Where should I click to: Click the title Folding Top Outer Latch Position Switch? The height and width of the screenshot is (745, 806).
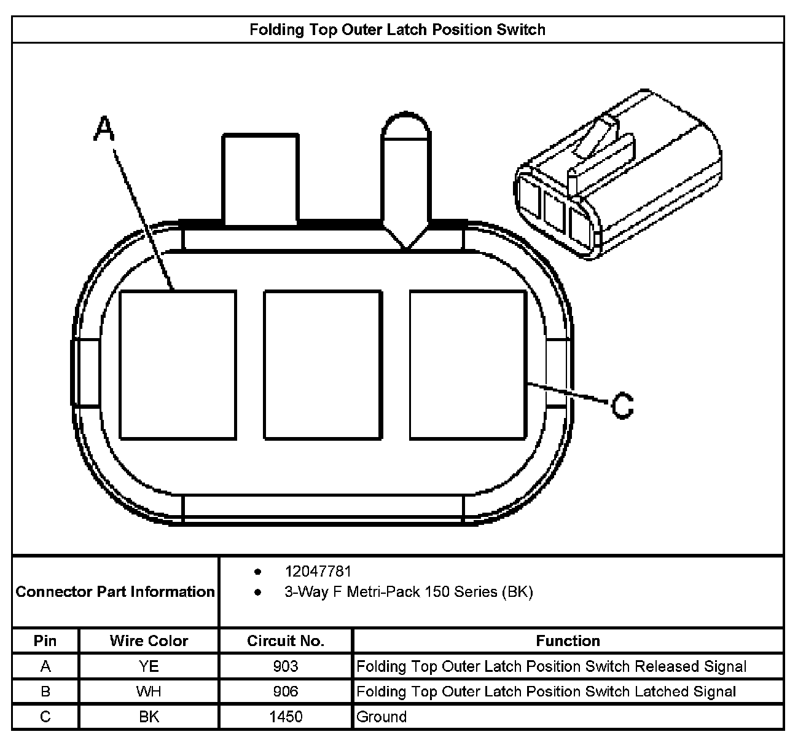pyautogui.click(x=397, y=30)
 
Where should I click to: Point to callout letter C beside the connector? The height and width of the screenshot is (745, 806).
pyautogui.click(x=622, y=406)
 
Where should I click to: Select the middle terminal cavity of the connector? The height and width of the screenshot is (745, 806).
pyautogui.click(x=323, y=365)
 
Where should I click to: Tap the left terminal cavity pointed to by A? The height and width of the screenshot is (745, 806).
pyautogui.click(x=178, y=365)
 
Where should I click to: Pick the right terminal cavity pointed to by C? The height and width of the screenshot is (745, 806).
pyautogui.click(x=468, y=365)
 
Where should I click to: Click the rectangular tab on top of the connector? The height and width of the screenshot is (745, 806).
pyautogui.click(x=260, y=178)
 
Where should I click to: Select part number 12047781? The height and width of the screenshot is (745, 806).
pyautogui.click(x=318, y=572)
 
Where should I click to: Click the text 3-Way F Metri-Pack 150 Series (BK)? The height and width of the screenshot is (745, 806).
pyautogui.click(x=409, y=592)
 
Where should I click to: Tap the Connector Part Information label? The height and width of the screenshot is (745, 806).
pyautogui.click(x=115, y=592)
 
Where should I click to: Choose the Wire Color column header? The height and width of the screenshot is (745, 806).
pyautogui.click(x=149, y=641)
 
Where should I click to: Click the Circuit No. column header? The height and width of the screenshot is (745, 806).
pyautogui.click(x=286, y=641)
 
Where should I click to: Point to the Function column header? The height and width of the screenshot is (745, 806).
pyautogui.click(x=568, y=641)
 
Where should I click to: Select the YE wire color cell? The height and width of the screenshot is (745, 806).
pyautogui.click(x=149, y=666)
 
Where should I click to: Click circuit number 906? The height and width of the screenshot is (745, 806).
pyautogui.click(x=286, y=692)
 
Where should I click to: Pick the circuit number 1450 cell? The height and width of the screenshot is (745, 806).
pyautogui.click(x=286, y=717)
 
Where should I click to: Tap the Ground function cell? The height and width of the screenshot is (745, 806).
pyautogui.click(x=381, y=717)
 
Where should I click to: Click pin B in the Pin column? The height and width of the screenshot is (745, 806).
pyautogui.click(x=45, y=692)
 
